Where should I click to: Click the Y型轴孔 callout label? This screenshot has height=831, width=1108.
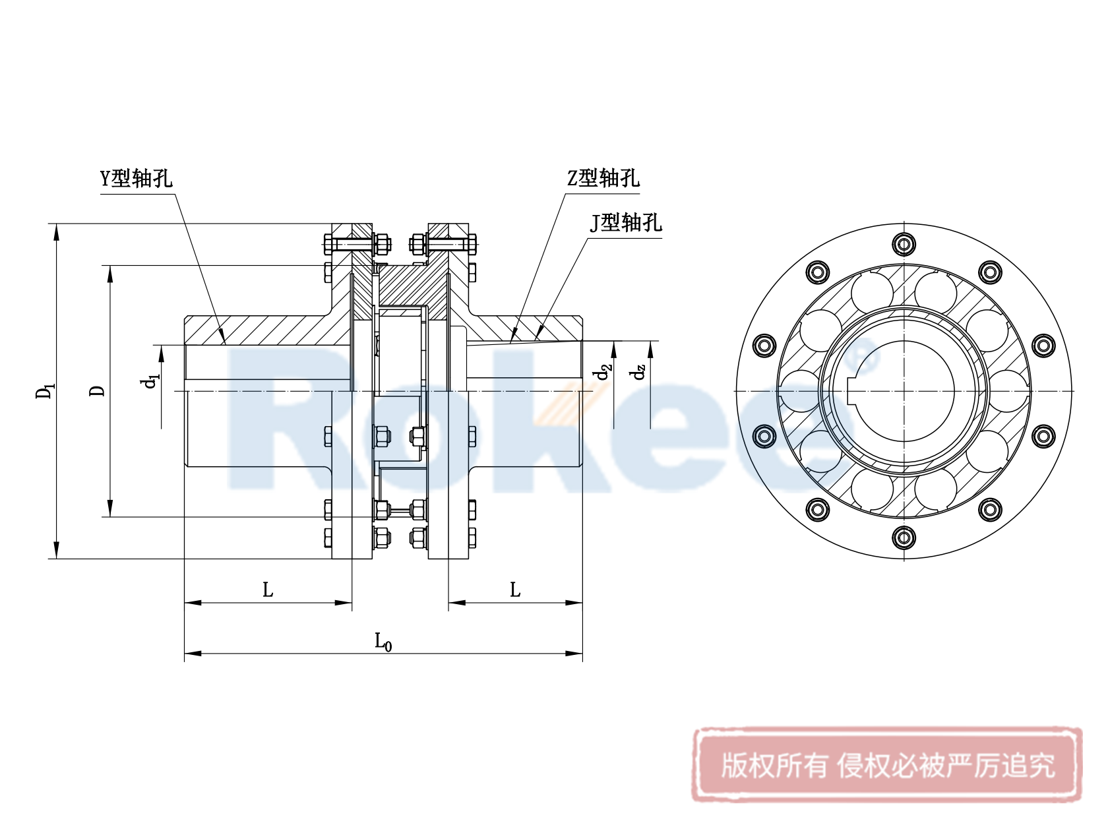coord(136,178)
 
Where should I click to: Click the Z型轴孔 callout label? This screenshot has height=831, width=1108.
coord(603,178)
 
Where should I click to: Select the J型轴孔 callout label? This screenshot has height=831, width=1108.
coord(625,223)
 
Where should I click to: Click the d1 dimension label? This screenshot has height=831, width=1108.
coord(152,381)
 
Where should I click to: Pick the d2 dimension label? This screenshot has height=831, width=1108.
coord(603,373)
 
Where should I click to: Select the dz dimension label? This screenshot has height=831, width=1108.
coord(638,373)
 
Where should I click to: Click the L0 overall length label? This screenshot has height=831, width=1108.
coord(383,641)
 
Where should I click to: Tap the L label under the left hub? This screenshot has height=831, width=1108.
coord(268,590)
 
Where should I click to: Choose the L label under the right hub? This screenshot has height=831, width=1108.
coord(515,590)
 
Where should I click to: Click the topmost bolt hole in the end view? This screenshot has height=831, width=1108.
coord(904,244)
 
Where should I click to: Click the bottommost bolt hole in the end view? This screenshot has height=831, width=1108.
coord(904,538)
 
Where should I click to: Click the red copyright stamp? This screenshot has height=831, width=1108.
coord(887,765)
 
